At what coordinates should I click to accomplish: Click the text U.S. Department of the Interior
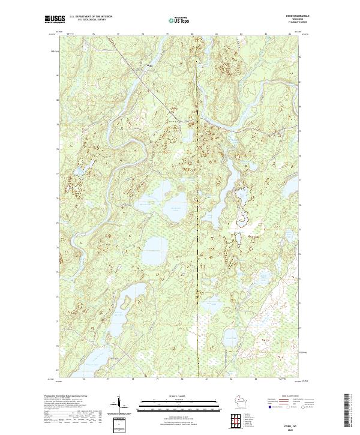[91, 18]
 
